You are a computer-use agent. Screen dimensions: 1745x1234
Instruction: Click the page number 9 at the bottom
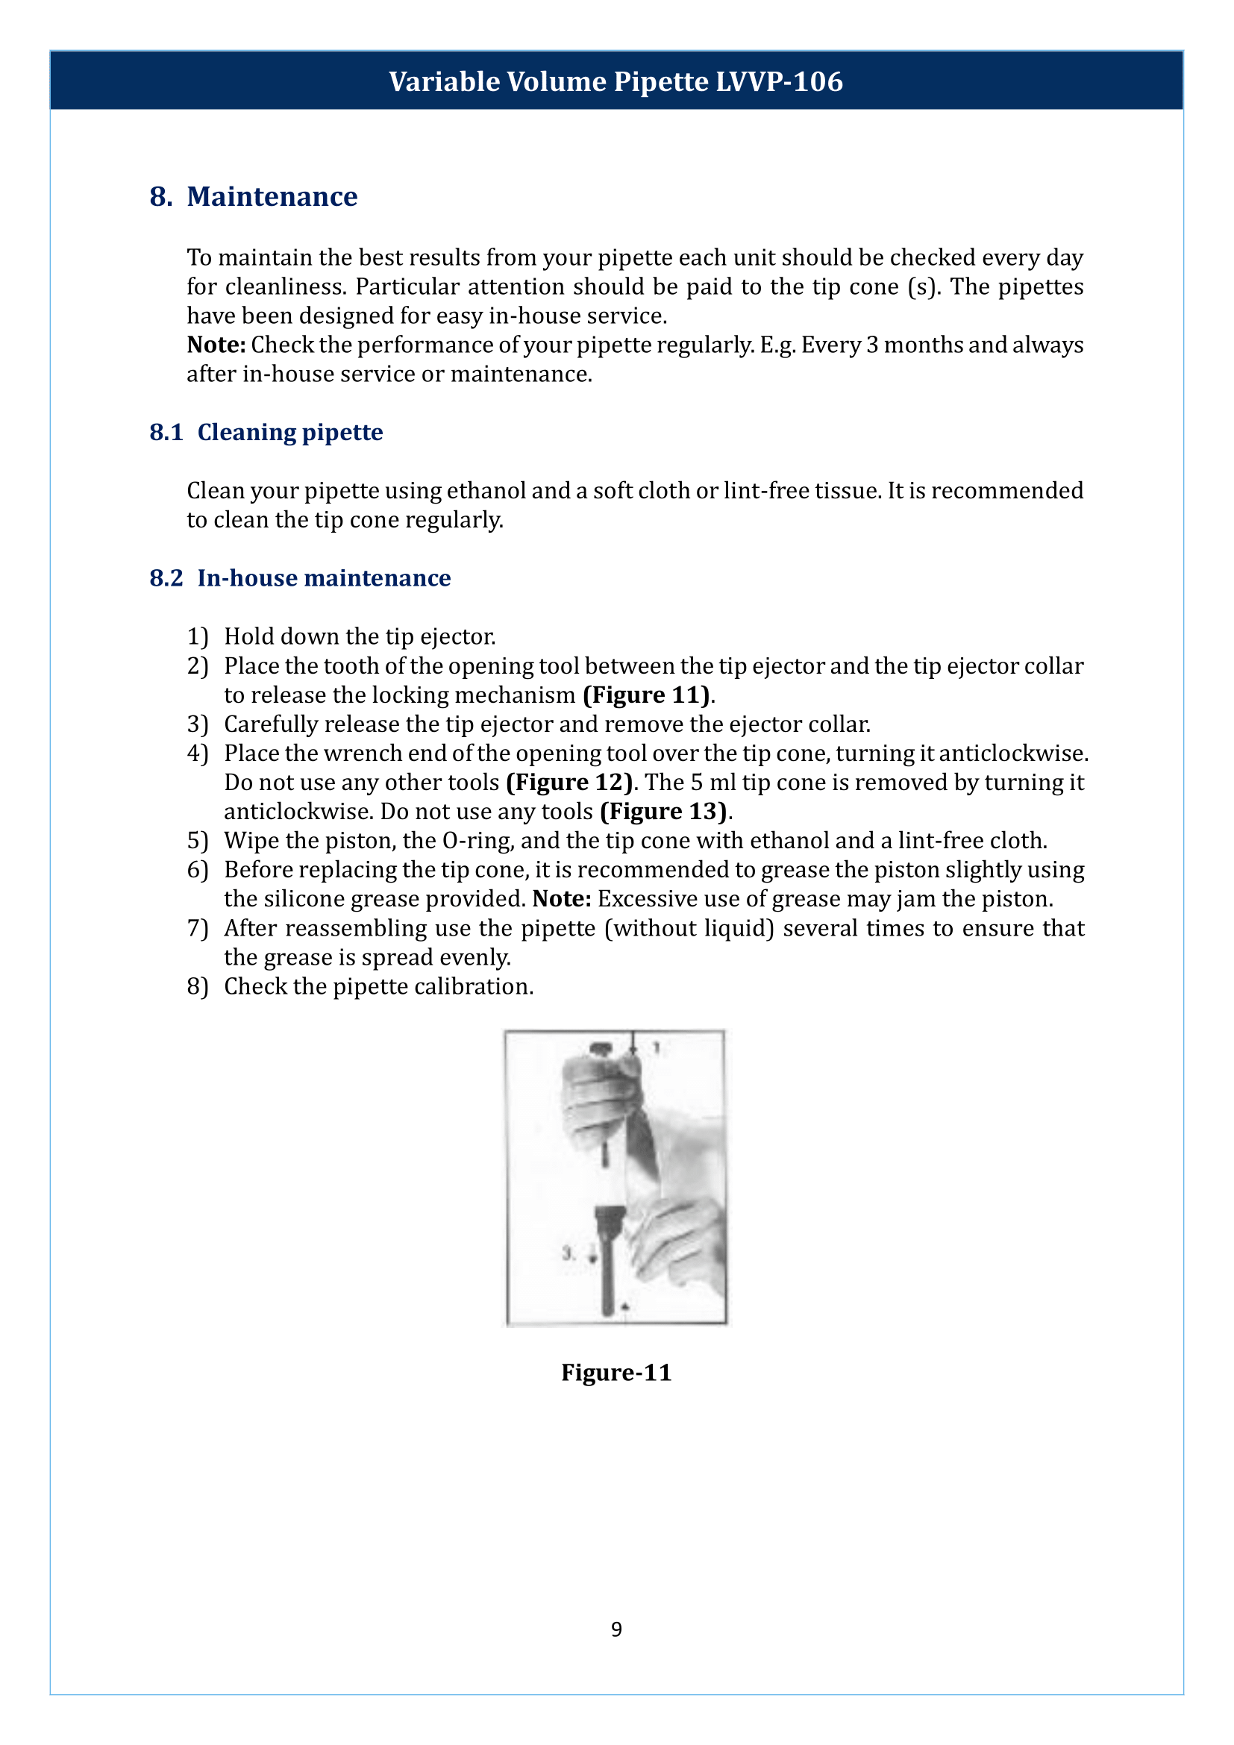pos(616,1628)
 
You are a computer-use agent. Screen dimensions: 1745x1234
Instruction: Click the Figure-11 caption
pos(616,1372)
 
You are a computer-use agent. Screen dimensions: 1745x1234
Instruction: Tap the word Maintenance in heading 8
pos(272,197)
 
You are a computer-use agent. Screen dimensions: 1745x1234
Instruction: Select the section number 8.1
pos(166,432)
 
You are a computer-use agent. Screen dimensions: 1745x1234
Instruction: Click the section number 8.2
pos(166,577)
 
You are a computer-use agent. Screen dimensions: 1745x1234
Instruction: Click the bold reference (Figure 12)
pos(569,782)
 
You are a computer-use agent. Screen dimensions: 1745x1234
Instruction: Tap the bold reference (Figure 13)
pos(663,811)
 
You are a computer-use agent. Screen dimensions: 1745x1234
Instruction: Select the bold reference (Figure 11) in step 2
pos(647,695)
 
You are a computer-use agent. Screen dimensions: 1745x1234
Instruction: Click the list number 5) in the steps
pos(198,841)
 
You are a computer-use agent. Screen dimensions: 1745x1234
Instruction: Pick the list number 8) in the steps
pos(198,986)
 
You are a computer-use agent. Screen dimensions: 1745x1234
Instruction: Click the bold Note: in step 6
pos(562,899)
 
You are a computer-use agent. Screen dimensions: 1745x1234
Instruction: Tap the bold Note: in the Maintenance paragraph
pos(216,345)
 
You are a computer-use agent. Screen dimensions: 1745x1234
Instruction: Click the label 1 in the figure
pos(657,1048)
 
